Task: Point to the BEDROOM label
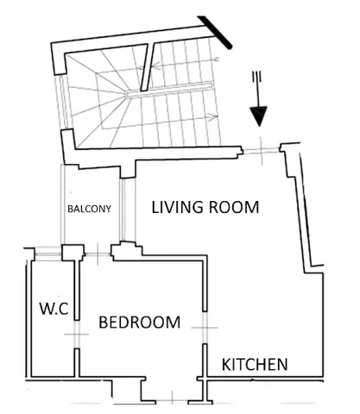(140, 323)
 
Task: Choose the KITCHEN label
(255, 364)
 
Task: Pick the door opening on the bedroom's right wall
(205, 328)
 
